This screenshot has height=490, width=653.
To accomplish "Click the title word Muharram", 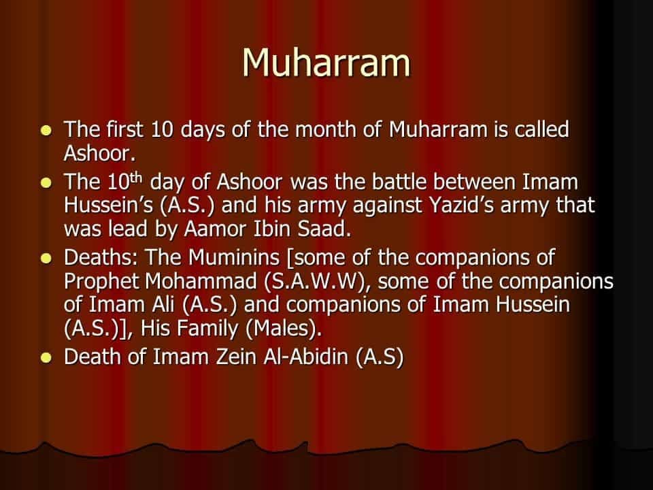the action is point(326,63).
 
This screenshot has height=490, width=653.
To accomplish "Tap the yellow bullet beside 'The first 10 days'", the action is point(46,131).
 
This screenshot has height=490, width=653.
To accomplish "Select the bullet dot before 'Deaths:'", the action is point(46,259).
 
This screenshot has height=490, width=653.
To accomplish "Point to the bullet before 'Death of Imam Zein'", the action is point(46,358).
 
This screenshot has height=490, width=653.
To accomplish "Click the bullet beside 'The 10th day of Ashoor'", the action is point(46,183).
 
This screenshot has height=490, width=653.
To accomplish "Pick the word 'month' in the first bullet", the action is point(326,129).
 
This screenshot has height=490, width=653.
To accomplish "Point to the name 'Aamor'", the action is point(216,229).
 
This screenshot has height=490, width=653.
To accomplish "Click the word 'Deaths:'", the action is point(101,257).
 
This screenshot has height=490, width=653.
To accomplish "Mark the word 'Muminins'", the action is point(233,257).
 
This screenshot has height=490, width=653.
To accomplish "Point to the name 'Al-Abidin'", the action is point(305,357).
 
